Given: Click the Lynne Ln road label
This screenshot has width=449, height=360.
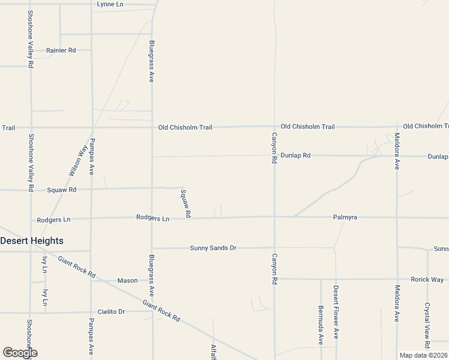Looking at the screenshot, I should tap(110, 4).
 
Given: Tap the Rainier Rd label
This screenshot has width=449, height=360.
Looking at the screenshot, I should tap(61, 50).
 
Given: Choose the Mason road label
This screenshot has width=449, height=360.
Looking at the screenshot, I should tap(127, 280).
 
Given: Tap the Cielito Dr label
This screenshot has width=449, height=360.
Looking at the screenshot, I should tap(111, 312).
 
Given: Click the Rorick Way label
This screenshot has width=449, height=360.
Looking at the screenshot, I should tap(427, 280).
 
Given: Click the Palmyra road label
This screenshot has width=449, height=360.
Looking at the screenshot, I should tap(345, 217).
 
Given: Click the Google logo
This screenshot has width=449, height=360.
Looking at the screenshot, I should tap(20, 353).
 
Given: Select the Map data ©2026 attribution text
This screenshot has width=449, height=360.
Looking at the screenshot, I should tap(423, 355).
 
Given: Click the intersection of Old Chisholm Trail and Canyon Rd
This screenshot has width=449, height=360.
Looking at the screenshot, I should tap(274, 127).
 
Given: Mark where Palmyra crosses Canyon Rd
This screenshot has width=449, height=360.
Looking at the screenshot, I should tap(274, 217).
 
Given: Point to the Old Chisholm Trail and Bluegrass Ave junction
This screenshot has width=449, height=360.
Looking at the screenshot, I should tap(152, 127).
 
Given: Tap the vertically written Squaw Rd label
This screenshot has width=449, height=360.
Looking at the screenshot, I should tap(186, 203).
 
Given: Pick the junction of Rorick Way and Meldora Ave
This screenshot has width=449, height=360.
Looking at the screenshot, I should tap(397, 279).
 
